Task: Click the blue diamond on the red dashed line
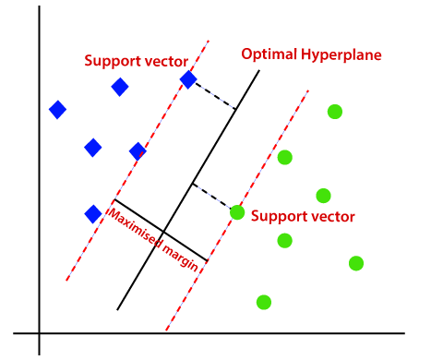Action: (x=188, y=80)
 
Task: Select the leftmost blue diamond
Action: (x=57, y=110)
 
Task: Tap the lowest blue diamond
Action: (x=92, y=214)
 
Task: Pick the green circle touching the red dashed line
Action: (x=237, y=212)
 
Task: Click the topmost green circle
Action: (x=335, y=112)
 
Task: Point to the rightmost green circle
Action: (x=356, y=263)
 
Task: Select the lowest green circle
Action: (x=264, y=302)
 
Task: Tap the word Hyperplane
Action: (x=342, y=55)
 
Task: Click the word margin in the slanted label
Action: (x=181, y=257)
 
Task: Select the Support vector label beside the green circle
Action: (x=301, y=217)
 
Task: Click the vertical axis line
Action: (x=39, y=185)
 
